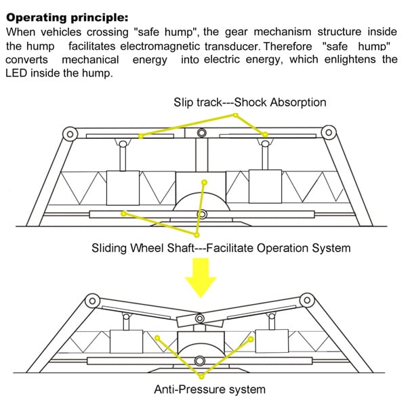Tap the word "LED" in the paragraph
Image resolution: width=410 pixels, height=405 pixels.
(17, 72)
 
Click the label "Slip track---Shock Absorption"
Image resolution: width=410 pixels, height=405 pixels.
(249, 102)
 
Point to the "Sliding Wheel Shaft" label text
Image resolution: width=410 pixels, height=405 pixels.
(142, 248)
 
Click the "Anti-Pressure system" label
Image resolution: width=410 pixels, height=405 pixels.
(209, 389)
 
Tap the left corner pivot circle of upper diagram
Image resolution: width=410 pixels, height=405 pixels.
(69, 133)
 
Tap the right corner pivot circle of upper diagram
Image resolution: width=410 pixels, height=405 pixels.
(329, 131)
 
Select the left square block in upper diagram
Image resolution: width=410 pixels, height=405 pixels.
(123, 188)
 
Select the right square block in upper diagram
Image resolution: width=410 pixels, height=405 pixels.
(266, 187)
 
